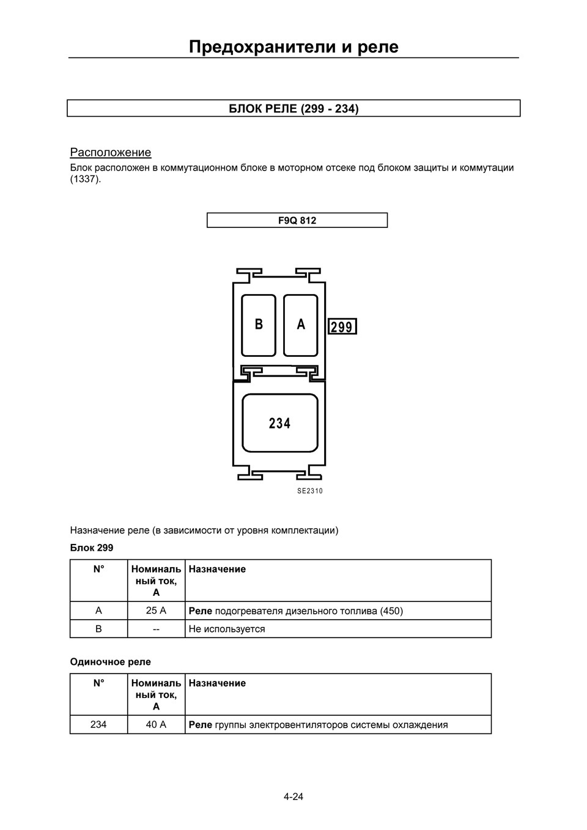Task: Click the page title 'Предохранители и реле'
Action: pos(293,46)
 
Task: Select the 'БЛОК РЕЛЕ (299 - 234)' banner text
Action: pos(293,109)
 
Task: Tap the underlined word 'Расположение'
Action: pos(111,152)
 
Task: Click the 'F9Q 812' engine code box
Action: pos(297,220)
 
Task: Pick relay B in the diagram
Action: pos(259,325)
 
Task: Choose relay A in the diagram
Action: pos(301,325)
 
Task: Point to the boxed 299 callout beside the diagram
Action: pos(342,327)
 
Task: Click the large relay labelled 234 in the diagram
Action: pos(280,423)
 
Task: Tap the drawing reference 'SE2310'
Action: pos(310,491)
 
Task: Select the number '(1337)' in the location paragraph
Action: pos(85,180)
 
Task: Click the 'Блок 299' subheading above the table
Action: pos(92,548)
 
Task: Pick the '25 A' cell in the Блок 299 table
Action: pos(156,611)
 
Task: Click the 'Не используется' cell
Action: pos(227,629)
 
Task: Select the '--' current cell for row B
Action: pos(156,629)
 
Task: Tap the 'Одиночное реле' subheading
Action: pos(111,662)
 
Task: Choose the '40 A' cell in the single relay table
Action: pos(156,725)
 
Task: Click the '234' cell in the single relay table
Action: pos(98,725)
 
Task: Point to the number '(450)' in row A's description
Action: pos(391,611)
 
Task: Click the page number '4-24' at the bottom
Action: pos(293,796)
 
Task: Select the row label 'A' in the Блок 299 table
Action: pos(98,611)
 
